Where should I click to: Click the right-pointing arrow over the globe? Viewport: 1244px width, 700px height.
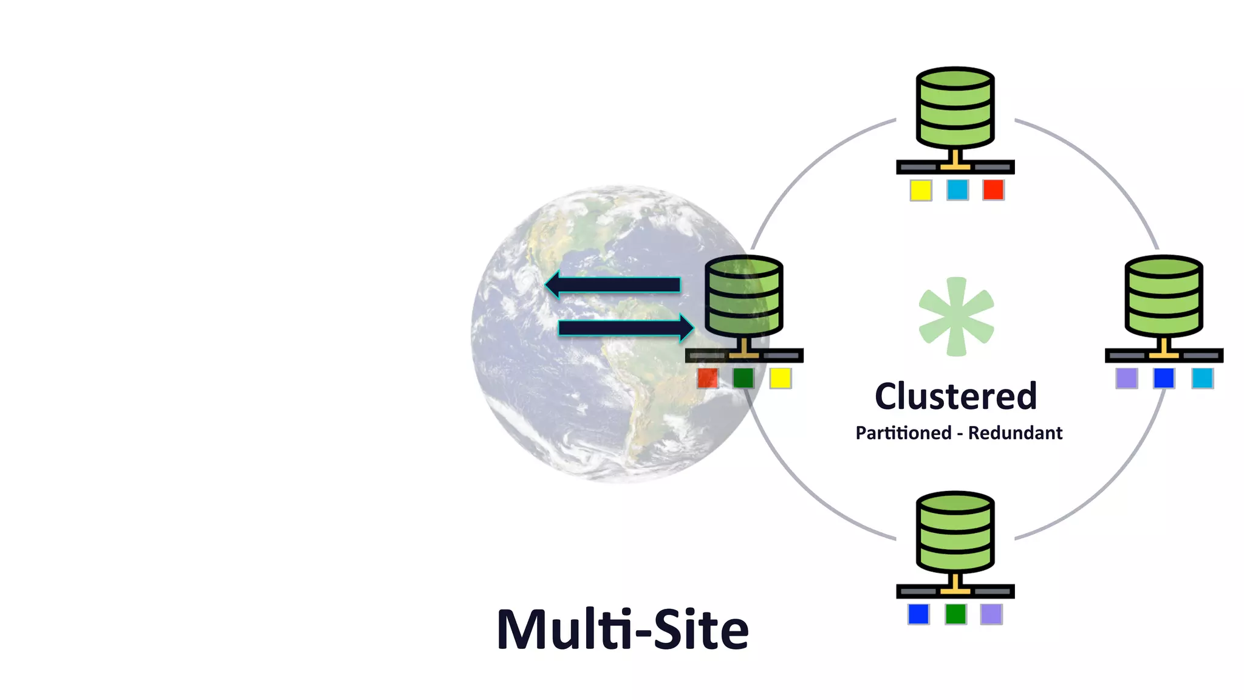coord(626,328)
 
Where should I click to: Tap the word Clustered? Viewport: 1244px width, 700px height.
coord(955,396)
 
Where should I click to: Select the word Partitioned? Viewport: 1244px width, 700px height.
coord(903,433)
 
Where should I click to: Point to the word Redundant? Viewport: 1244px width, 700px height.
coord(1015,433)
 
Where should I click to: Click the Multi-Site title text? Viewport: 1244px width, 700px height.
coord(623,630)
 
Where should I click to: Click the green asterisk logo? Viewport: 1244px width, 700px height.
coord(956,317)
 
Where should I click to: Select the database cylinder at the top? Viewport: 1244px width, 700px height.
coord(955,108)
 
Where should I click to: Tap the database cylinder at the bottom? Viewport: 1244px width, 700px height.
coord(955,533)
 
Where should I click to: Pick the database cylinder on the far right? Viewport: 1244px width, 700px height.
coord(1164,297)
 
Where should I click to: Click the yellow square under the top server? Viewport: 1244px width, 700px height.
coord(921,190)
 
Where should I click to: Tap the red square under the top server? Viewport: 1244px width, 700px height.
coord(993,190)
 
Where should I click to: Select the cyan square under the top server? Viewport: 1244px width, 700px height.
coord(957,190)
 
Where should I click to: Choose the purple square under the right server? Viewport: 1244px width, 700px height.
coord(1127,379)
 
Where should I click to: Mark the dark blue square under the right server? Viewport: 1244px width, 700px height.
coord(1164,379)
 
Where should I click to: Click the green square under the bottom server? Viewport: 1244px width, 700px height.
coord(955,614)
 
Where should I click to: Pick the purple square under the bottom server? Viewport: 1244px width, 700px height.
coord(991,614)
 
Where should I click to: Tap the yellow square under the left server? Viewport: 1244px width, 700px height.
coord(780,379)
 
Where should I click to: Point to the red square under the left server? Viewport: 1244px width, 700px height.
coord(708,379)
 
